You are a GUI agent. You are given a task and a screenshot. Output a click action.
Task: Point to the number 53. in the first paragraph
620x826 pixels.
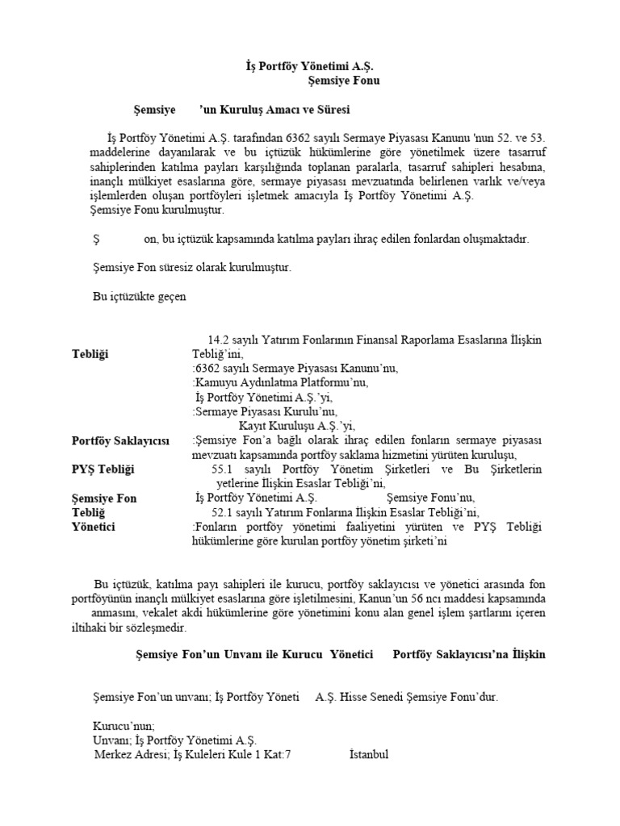click(536, 137)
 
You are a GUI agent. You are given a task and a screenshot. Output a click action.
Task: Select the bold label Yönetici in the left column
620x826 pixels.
click(94, 527)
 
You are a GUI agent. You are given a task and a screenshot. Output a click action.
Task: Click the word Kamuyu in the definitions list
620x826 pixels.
click(215, 382)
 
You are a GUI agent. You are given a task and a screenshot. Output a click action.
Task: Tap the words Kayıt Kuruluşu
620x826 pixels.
click(274, 426)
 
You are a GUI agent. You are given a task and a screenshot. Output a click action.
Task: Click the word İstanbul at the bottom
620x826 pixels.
click(369, 754)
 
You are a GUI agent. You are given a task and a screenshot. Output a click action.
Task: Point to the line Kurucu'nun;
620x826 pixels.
click(124, 725)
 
